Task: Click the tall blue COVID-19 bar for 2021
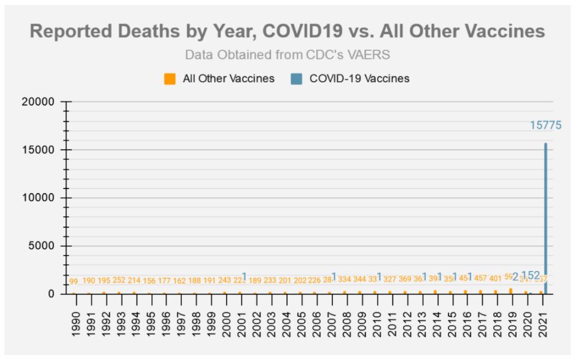546,215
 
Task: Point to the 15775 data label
546,125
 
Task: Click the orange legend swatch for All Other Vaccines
170,79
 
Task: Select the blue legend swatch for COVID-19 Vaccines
296,79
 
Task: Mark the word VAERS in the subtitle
370,55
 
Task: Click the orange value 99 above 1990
74,281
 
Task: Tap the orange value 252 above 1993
119,281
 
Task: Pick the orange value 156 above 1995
149,281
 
